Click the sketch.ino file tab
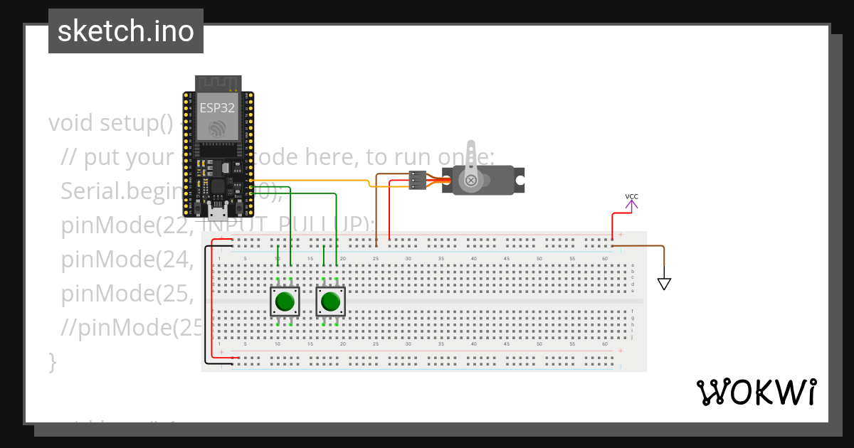pos(126,31)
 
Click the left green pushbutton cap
pos(285,302)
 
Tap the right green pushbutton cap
pos(330,302)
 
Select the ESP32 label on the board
pos(216,108)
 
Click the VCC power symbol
pos(631,203)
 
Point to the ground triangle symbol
pos(664,284)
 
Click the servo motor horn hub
pos(470,181)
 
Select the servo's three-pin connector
pos(418,181)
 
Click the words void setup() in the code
pos(110,123)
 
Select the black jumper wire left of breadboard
pos(206,306)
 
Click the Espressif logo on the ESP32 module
pos(217,129)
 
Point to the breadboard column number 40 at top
pos(474,258)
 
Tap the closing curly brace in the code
pos(51,361)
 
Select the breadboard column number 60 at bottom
pos(604,344)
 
